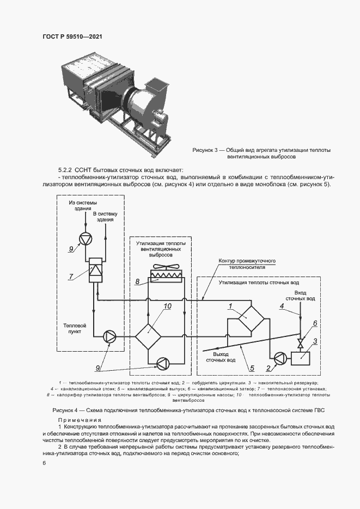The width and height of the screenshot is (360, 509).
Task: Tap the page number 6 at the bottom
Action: coord(44,463)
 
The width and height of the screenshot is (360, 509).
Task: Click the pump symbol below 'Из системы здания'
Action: coord(85,238)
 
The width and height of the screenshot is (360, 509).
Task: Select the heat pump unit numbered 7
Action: coord(95,270)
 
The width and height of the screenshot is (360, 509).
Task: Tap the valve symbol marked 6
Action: coord(300,344)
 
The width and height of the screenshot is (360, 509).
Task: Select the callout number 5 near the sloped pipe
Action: coord(252,369)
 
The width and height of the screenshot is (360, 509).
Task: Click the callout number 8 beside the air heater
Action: coord(138,281)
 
